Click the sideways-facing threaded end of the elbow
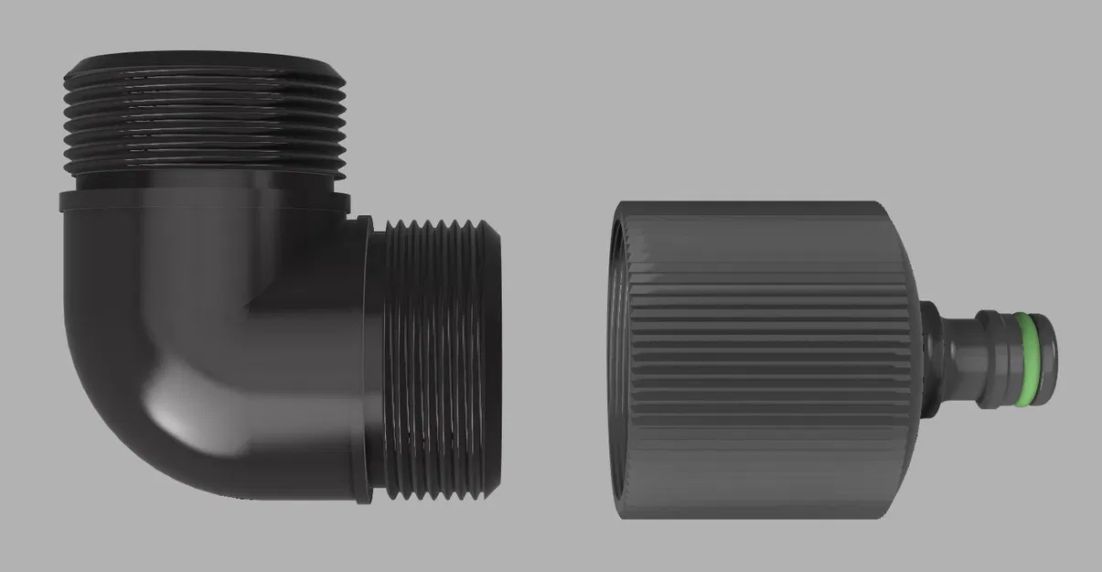tap(439, 362)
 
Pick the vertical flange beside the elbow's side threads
tap(364, 362)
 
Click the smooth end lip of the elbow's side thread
tap(493, 362)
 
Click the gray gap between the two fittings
tap(553, 357)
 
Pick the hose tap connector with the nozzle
tap(805, 357)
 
